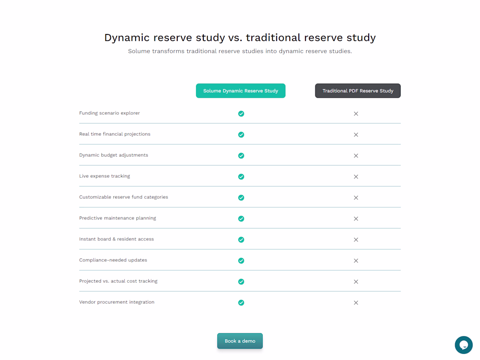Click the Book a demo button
click(240, 341)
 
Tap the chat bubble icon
click(463, 345)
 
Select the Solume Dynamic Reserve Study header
click(240, 91)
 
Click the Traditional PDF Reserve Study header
click(357, 91)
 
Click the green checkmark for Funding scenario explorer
click(241, 113)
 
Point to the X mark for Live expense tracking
click(356, 177)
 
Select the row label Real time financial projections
click(115, 134)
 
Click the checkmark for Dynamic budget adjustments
click(241, 155)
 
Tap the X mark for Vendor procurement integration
click(356, 303)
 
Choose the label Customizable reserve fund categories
click(123, 197)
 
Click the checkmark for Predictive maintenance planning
click(241, 219)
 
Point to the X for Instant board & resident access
click(356, 240)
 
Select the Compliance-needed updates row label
click(113, 260)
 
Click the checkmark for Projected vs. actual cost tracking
click(241, 281)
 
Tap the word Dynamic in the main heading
click(127, 38)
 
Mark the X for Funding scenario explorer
click(356, 113)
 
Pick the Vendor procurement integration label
click(117, 302)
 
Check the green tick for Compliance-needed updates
click(241, 261)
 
